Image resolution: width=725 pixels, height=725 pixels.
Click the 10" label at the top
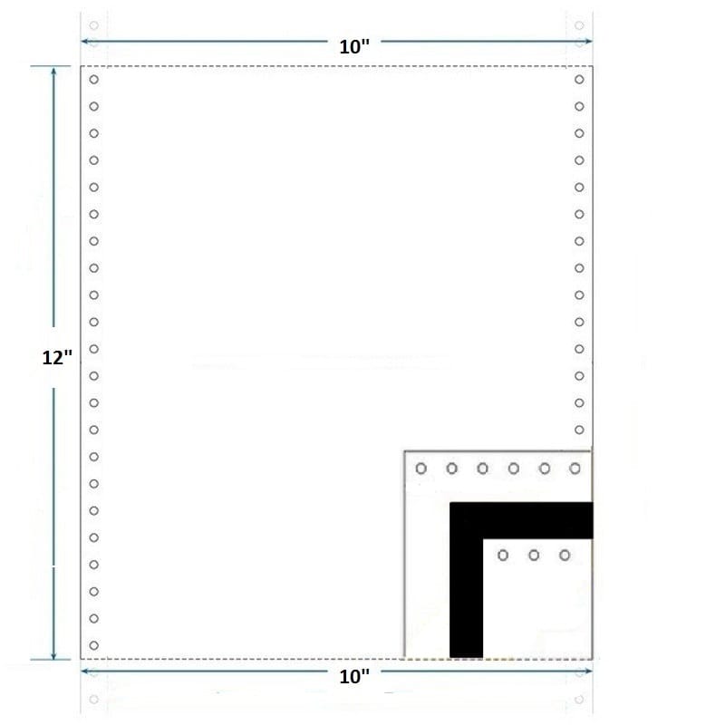[x=354, y=47]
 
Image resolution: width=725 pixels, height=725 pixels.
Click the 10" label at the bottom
[x=354, y=675]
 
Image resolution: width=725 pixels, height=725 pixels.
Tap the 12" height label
[x=57, y=357]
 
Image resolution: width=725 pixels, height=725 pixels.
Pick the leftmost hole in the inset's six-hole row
[x=420, y=469]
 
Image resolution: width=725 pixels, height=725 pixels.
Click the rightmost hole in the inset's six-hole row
[x=575, y=469]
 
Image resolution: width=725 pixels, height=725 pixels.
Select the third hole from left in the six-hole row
[x=482, y=469]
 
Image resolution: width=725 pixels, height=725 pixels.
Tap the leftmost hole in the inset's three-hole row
[x=503, y=555]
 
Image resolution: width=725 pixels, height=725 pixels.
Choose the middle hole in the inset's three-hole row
[x=534, y=555]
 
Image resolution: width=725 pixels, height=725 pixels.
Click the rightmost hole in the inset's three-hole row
[x=565, y=555]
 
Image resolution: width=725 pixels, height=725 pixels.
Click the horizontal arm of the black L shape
[x=535, y=520]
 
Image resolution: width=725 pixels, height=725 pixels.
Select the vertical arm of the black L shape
[x=466, y=598]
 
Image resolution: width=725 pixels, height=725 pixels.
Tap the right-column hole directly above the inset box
[x=579, y=430]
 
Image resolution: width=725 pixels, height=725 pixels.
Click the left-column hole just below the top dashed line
[x=94, y=80]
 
